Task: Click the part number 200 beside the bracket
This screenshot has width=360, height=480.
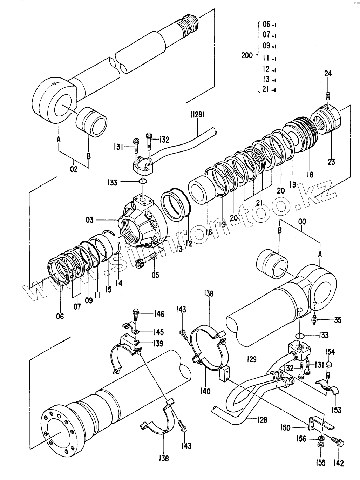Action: point(247,55)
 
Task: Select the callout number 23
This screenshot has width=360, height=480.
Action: point(331,162)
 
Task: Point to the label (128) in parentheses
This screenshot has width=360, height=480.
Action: point(197,115)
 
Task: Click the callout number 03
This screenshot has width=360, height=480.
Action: point(90,220)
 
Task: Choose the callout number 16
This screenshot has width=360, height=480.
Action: point(209,232)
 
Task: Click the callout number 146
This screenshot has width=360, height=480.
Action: point(159,314)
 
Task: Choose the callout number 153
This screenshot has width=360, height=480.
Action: point(336,410)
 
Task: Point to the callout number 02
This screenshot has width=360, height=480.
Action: point(74,169)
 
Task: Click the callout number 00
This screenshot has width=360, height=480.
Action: point(302,222)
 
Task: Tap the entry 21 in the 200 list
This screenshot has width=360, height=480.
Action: point(269,89)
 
